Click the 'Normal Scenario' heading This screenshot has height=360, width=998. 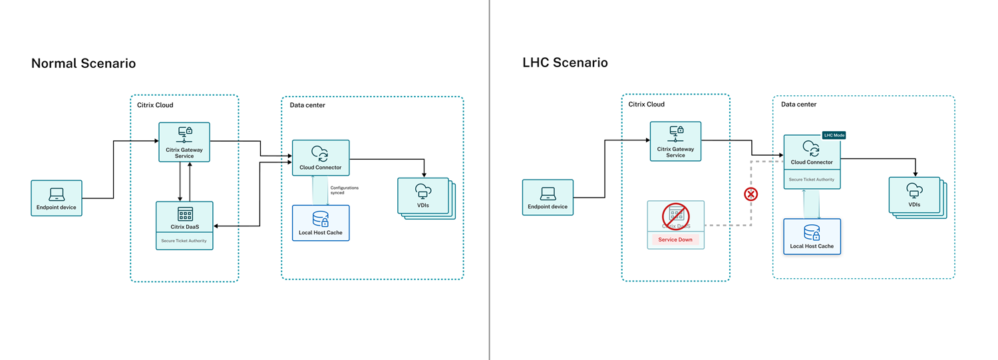83,64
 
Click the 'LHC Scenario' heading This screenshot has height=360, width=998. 565,63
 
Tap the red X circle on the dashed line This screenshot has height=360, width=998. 750,194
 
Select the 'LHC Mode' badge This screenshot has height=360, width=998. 834,135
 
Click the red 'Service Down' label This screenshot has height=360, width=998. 675,240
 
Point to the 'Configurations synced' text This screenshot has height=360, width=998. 344,190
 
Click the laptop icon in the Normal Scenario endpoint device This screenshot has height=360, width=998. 57,194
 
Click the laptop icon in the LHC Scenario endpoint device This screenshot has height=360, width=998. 548,194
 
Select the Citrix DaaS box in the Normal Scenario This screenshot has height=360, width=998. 184,225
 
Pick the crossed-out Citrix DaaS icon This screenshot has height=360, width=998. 675,216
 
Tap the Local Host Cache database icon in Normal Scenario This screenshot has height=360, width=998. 321,219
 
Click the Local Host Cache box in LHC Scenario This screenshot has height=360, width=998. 812,237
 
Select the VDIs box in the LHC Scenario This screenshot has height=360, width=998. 915,196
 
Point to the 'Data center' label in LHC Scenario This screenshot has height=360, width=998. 798,104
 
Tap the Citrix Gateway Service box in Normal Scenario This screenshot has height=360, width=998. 184,142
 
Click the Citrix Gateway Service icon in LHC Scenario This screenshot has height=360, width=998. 675,133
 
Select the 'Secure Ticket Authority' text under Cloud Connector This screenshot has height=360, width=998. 811,180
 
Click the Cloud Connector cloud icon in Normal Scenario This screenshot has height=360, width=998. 320,154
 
